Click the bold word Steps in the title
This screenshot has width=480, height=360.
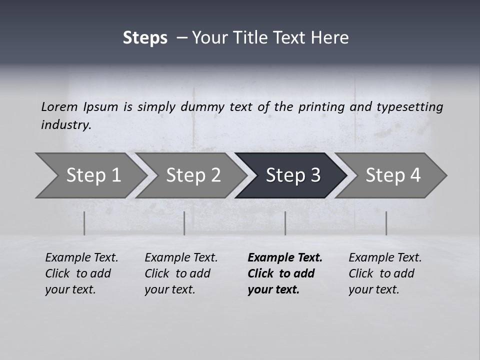tap(145, 38)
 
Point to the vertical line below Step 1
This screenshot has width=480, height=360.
tap(84, 223)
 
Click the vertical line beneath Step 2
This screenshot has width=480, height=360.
tap(184, 223)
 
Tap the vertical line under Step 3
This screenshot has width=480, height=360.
tap(285, 223)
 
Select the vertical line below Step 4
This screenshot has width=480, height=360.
tap(386, 223)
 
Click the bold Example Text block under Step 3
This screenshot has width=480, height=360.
tap(284, 273)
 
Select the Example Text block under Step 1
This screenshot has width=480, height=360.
tap(81, 273)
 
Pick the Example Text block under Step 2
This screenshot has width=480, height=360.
tap(181, 273)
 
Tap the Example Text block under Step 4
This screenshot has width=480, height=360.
tap(385, 273)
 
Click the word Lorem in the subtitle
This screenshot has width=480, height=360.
tap(59, 107)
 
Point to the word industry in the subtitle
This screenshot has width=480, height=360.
tap(65, 125)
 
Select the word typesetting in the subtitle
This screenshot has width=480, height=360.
tap(409, 107)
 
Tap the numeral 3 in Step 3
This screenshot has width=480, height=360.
tap(315, 175)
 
